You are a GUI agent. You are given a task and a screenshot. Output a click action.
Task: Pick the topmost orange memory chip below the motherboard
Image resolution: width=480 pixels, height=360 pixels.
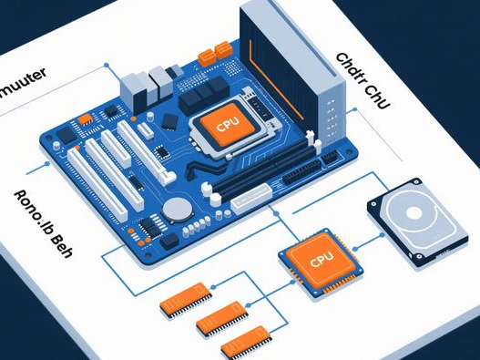pyautogui.click(x=187, y=298)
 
